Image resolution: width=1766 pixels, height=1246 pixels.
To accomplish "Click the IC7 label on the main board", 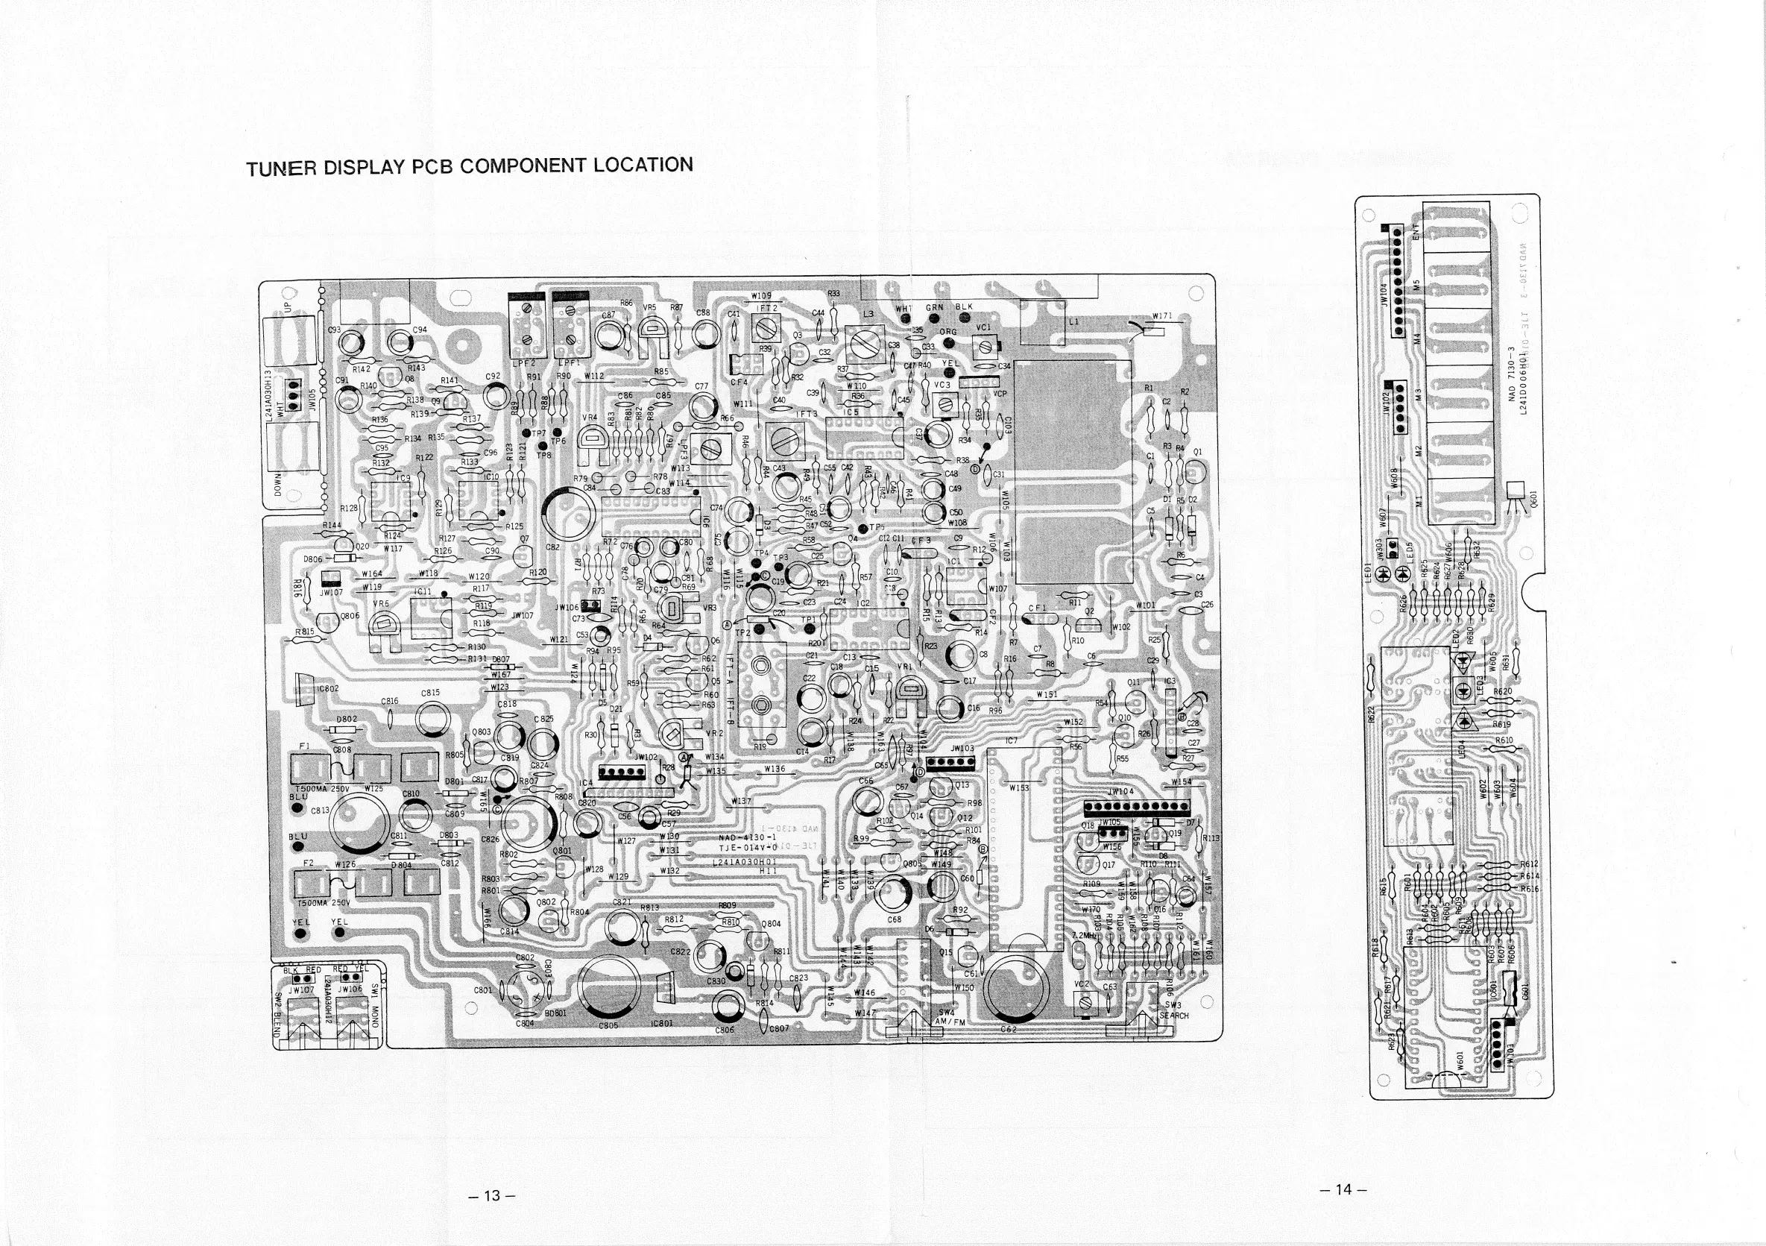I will (1012, 740).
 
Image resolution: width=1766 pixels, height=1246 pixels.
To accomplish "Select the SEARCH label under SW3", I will (1174, 1016).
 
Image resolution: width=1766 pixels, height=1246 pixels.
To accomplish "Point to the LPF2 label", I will (524, 362).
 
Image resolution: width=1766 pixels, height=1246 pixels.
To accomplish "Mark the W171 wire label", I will (1161, 316).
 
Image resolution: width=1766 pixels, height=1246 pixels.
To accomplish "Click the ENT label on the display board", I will (1414, 231).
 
